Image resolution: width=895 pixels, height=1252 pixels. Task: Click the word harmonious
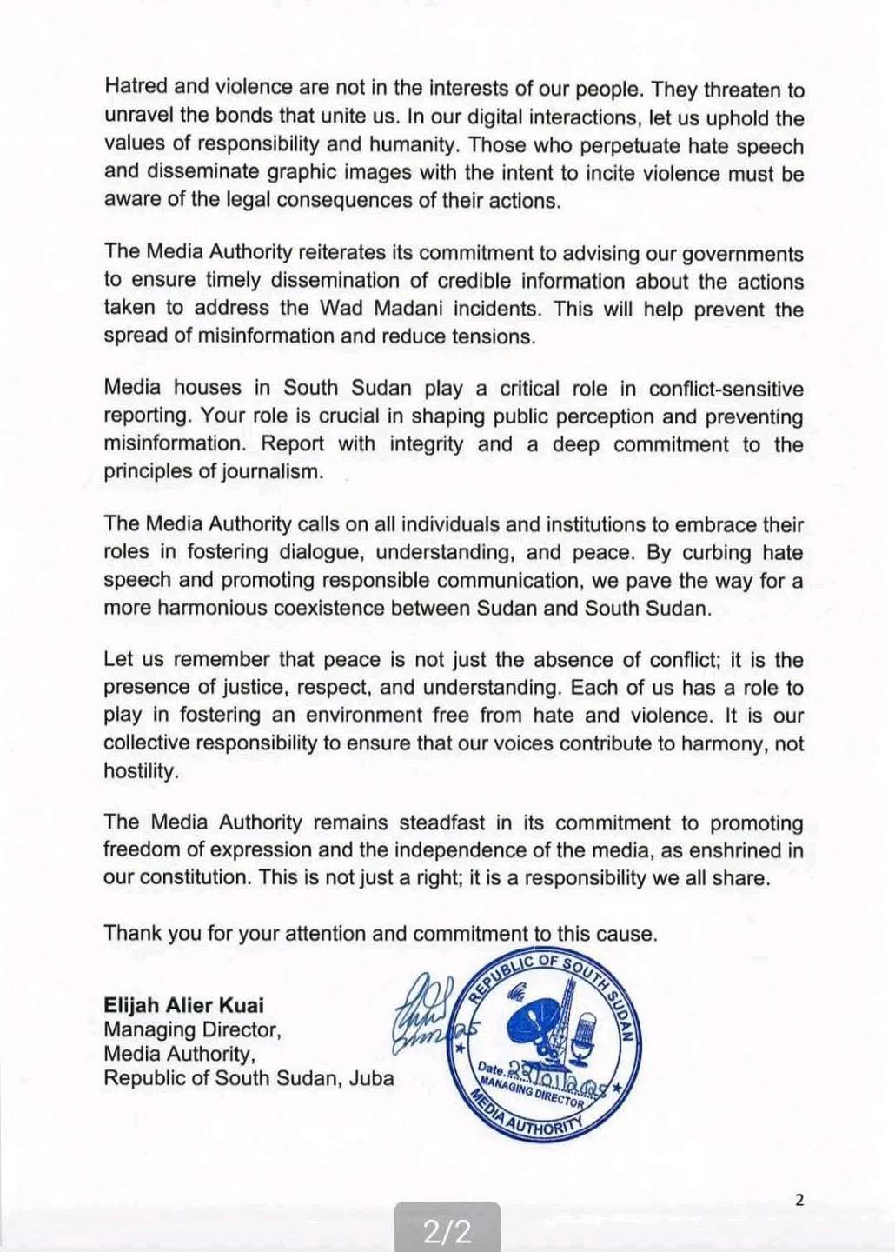(204, 608)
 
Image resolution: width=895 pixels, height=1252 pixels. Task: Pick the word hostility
(140, 771)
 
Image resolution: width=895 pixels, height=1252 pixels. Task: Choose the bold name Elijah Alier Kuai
(183, 1005)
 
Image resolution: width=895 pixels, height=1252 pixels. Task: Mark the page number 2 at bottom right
(799, 1200)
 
